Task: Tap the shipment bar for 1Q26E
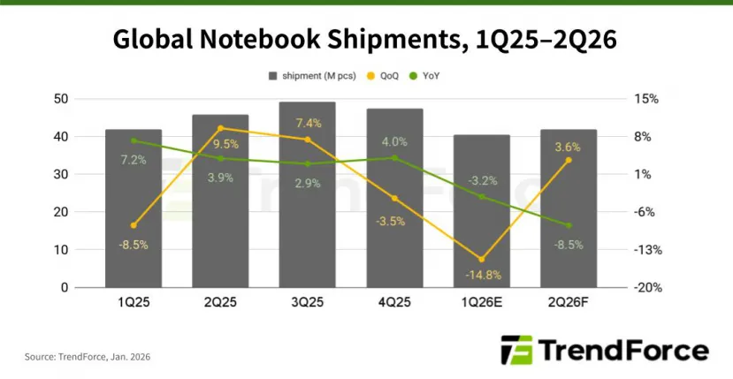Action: [481, 211]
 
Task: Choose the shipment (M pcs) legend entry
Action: [312, 77]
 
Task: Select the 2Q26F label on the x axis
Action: [569, 303]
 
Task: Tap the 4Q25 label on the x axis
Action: [394, 303]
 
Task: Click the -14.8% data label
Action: [482, 275]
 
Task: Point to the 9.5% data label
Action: [220, 144]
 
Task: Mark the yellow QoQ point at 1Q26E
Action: [481, 259]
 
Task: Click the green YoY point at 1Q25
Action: [134, 140]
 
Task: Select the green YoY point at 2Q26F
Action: [569, 225]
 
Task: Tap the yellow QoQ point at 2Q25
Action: [220, 128]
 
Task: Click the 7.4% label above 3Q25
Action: [307, 123]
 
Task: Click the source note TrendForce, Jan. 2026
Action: [87, 356]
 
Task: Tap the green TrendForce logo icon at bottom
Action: [515, 351]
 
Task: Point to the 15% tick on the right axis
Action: [646, 99]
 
